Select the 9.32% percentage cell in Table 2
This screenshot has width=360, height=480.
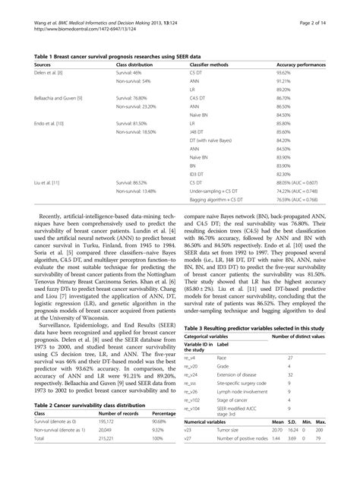[x=160, y=429]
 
